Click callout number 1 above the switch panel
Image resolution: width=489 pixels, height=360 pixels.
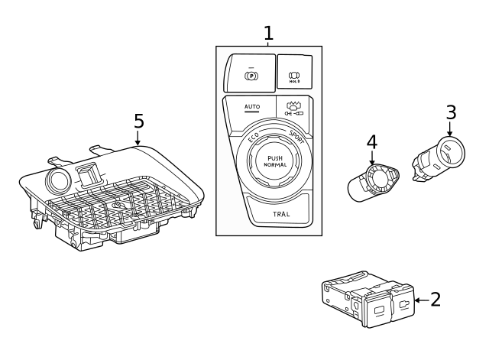click(268, 33)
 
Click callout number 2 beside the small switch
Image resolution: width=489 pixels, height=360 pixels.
click(436, 299)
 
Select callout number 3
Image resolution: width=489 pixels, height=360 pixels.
click(451, 112)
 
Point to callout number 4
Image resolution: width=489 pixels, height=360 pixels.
click(372, 141)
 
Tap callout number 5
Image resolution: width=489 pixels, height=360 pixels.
click(138, 121)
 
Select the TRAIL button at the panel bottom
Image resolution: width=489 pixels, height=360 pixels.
click(280, 214)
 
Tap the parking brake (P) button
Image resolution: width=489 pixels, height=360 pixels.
click(250, 76)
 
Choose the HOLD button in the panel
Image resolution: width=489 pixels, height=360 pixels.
click(293, 74)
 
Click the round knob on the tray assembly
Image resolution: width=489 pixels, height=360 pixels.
click(57, 181)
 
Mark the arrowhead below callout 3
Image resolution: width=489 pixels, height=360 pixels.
click(451, 135)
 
